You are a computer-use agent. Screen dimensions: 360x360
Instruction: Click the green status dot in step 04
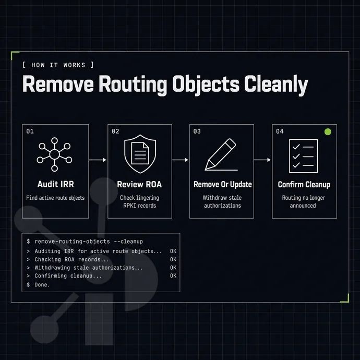328,132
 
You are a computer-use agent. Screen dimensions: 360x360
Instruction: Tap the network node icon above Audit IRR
54,154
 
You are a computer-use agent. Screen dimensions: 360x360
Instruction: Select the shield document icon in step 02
140,154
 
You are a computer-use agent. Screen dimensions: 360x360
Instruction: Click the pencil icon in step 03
221,154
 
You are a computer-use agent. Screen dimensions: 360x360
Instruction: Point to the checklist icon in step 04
304,156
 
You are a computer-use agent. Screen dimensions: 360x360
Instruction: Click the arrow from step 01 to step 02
98,160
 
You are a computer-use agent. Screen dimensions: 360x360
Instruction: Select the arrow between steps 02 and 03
180,160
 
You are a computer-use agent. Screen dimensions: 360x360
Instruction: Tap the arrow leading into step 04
262,160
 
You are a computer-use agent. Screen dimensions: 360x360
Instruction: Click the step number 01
30,131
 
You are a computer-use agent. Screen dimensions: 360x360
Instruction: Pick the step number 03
197,131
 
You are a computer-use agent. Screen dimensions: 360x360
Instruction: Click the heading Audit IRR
55,184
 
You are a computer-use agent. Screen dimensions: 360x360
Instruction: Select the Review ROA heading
139,184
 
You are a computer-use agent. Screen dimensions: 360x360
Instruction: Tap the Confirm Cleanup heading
304,185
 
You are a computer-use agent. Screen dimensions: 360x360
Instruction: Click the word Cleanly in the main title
276,85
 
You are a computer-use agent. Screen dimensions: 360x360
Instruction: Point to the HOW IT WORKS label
58,65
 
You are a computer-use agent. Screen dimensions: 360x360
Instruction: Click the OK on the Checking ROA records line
173,259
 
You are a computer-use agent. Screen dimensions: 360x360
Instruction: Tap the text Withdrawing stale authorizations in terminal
85,268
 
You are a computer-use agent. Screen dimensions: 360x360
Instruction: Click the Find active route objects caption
55,198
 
